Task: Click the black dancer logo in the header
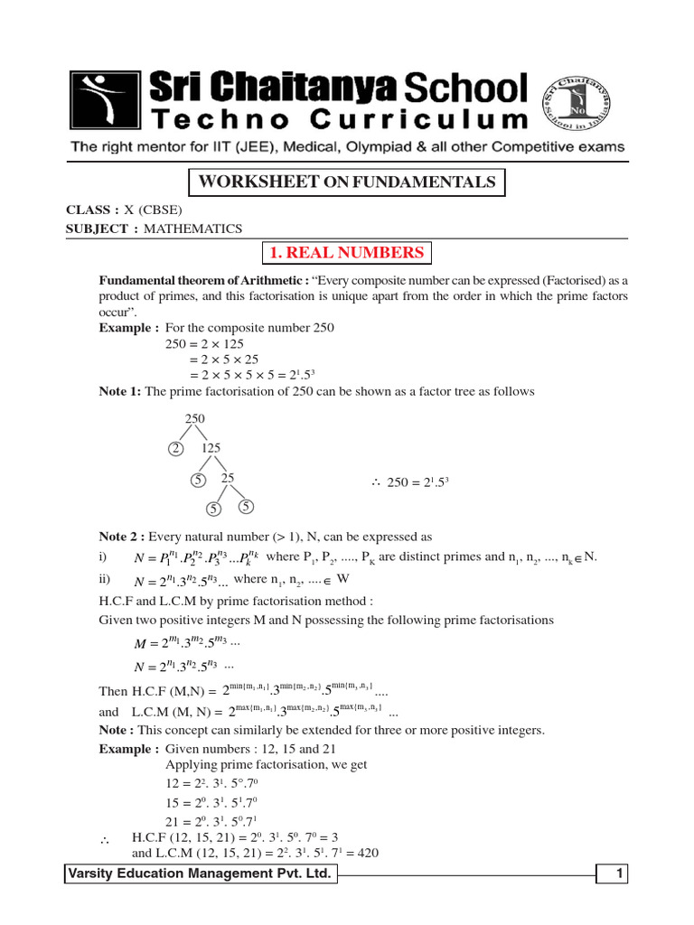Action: [105, 101]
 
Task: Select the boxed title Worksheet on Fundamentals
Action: [346, 182]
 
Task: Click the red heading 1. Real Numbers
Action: [347, 252]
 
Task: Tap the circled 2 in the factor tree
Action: [176, 448]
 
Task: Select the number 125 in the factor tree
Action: [210, 448]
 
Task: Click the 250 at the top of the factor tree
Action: [195, 418]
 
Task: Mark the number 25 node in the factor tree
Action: [228, 478]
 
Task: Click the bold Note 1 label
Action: [120, 391]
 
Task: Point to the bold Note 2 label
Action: [122, 536]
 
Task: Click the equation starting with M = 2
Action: [186, 642]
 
